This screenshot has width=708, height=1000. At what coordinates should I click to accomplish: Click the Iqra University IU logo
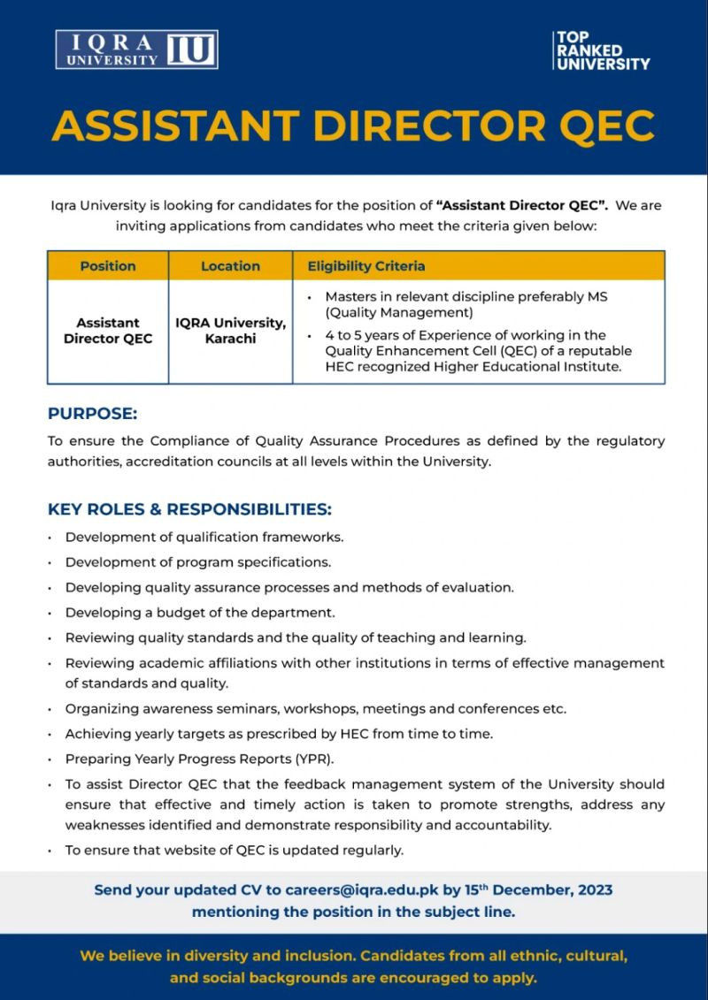136,50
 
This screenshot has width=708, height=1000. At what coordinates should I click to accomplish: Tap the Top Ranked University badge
602,50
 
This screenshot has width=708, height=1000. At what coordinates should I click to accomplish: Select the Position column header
108,266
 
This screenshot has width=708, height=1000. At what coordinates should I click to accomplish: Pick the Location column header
230,266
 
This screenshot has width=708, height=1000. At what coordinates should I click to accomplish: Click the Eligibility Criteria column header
366,266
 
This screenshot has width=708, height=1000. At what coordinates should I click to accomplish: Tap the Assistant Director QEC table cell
108,331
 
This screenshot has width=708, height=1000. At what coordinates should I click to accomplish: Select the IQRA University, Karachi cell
230,331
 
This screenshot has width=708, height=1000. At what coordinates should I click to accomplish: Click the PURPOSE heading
93,414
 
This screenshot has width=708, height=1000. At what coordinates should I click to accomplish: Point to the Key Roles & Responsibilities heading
189,509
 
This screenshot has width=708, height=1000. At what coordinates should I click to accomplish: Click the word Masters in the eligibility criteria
352,297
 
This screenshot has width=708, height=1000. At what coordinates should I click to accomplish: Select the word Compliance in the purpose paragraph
201,440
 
